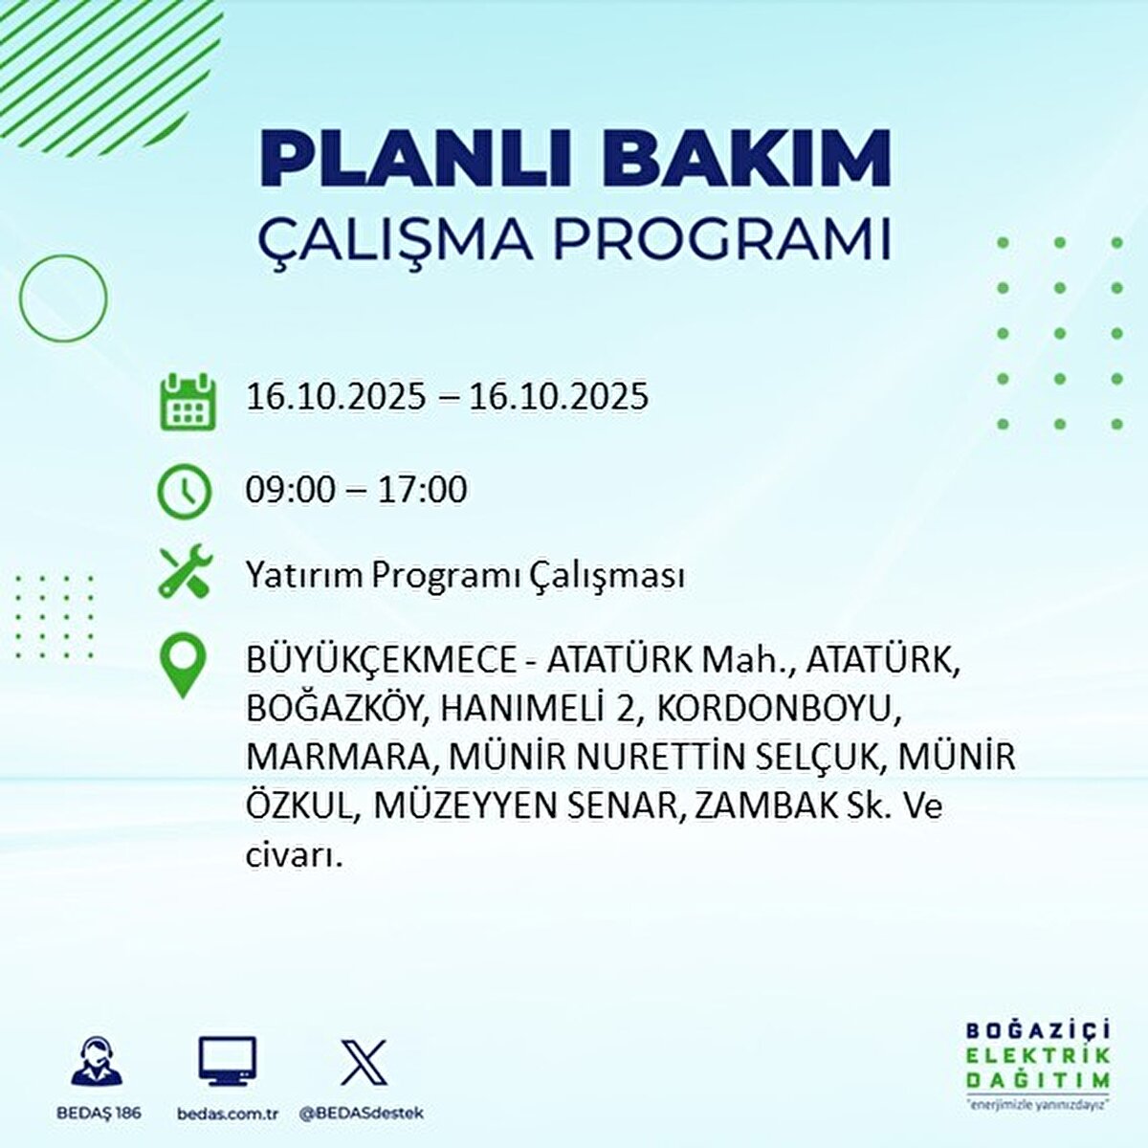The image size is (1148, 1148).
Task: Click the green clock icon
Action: [183, 491]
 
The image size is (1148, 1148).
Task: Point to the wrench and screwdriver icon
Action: [183, 571]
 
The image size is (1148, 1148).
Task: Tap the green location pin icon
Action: [183, 667]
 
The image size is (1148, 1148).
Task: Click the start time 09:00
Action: [291, 490]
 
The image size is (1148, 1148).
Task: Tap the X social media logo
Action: [364, 1063]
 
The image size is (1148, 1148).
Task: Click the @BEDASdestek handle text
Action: [362, 1114]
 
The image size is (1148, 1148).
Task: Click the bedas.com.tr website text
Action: [228, 1114]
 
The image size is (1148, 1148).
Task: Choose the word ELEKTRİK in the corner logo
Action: [1038, 1055]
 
